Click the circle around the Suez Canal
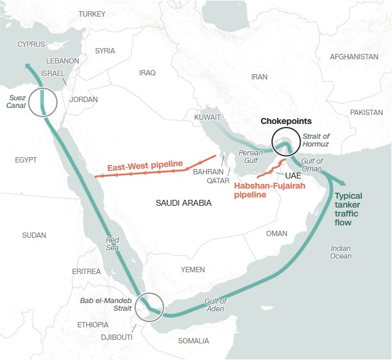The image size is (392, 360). coord(44,101)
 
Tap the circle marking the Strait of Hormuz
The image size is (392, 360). coord(285,142)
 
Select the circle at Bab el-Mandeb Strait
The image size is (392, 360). coord(148,307)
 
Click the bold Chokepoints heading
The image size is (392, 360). coord(286,121)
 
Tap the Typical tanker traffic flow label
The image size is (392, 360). coord(356,209)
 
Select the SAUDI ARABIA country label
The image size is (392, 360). coord(183,203)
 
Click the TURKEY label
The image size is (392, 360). coord(91,14)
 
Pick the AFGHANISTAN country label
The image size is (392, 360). coord(354,56)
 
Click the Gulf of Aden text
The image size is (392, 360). coord(216,305)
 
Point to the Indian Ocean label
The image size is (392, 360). coord(341,252)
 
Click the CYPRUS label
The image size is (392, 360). coord(31,44)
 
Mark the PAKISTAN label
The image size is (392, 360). coord(366,112)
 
